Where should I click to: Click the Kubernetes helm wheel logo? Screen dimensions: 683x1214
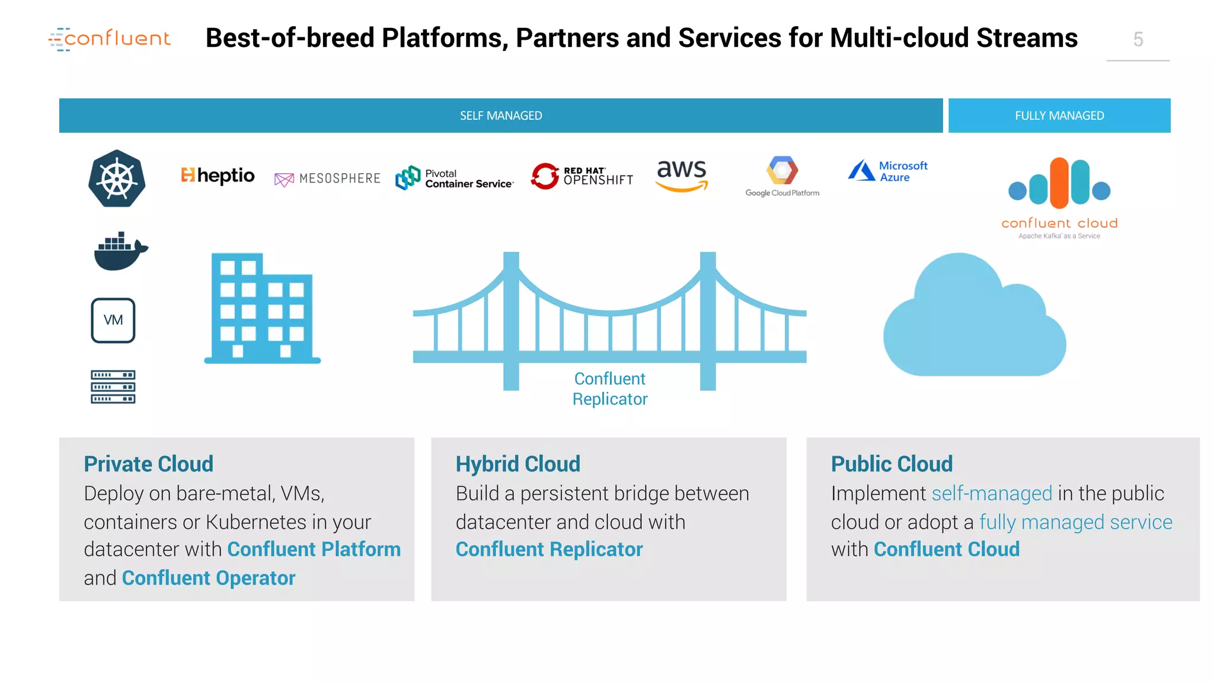coord(117,178)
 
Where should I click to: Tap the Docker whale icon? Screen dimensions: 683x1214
coord(120,251)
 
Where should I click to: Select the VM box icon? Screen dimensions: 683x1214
coord(113,320)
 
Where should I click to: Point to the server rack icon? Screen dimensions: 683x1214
coord(113,387)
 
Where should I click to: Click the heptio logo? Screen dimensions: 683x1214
coord(218,175)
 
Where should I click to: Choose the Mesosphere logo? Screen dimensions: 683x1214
coord(327,178)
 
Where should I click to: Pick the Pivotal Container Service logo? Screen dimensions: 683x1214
coord(454,178)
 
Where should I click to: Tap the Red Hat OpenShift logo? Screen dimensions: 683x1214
coord(582,176)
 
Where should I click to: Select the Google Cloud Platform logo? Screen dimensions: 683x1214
coord(782,176)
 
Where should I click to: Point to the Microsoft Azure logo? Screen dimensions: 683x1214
coord(887,171)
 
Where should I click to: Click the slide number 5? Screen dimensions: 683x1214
coord(1138,40)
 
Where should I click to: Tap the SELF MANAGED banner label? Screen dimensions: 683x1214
coord(501,116)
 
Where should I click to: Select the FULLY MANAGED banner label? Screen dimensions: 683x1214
coord(1059,116)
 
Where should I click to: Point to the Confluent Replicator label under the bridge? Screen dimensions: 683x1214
coord(610,389)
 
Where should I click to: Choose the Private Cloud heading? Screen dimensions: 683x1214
coord(148,464)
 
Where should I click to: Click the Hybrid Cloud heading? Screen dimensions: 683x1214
coord(517,464)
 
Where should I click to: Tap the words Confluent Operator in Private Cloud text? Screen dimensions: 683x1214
coord(208,578)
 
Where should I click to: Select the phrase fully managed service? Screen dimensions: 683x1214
coord(1075,522)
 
